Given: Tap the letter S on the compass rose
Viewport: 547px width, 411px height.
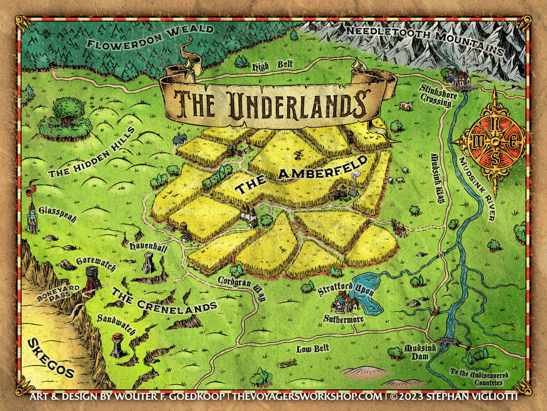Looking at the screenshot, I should (495, 160).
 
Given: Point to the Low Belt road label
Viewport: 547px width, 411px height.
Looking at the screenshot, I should (313, 349).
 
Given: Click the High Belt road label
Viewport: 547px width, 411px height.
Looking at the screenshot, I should (272, 66).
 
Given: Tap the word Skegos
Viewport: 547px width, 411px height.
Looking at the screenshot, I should (51, 358).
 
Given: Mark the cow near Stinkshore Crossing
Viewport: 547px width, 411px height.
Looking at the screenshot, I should (405, 106).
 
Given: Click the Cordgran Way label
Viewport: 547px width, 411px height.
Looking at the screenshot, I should (242, 287).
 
